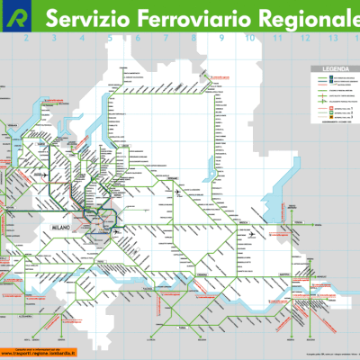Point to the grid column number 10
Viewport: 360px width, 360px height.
[249, 40]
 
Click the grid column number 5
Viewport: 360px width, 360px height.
[110, 40]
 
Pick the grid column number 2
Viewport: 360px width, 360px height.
[27, 40]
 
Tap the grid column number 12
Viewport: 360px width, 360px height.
[305, 40]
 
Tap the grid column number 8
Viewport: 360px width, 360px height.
[193, 40]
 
